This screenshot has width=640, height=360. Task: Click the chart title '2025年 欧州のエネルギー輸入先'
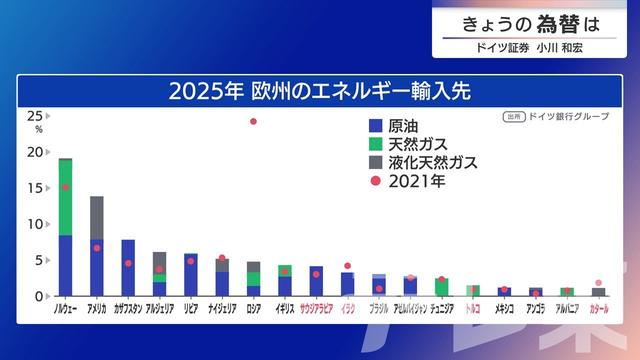click(x=319, y=91)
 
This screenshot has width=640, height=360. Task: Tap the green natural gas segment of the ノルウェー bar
click(x=65, y=197)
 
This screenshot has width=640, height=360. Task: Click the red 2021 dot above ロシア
click(x=253, y=121)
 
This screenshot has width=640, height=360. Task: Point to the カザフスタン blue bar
click(x=128, y=268)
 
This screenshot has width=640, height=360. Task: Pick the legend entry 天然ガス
click(x=409, y=144)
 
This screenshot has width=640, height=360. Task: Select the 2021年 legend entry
click(x=410, y=181)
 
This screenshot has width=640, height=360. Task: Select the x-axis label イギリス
click(x=285, y=310)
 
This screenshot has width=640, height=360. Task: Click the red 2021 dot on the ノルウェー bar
click(x=65, y=187)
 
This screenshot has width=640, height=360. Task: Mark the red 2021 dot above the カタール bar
click(x=598, y=283)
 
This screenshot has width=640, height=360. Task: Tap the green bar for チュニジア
click(x=441, y=287)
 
